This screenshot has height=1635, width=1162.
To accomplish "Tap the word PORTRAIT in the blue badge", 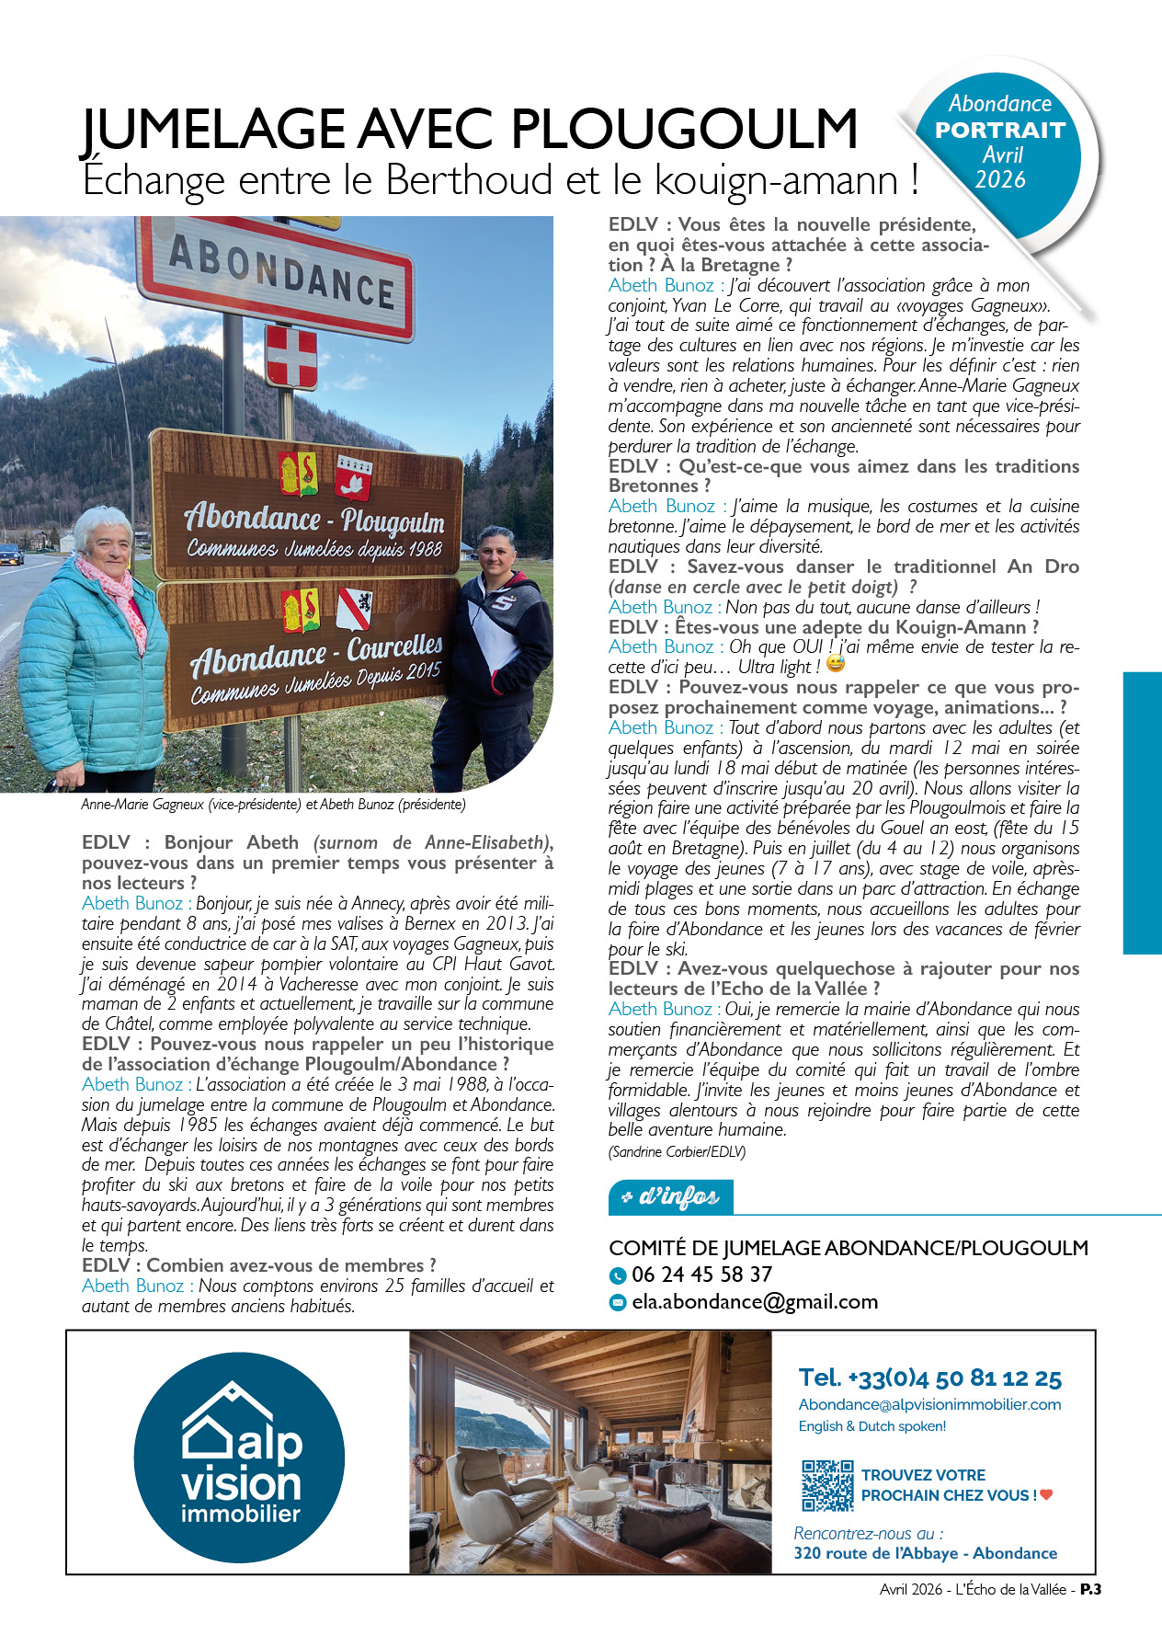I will pos(999,131).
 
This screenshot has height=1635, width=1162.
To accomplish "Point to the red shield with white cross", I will pos(291,356).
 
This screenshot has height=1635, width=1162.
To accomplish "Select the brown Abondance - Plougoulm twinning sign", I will pos(308,504).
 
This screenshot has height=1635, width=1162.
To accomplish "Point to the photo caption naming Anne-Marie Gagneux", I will pos(273,805).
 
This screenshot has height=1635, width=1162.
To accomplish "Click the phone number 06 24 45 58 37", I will pos(701,1275).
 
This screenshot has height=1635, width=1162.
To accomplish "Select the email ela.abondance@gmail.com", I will pos(754,1301).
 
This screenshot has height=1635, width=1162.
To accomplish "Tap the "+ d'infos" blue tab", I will pos(671,1196).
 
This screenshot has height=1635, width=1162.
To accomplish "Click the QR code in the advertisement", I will pos(827,1485).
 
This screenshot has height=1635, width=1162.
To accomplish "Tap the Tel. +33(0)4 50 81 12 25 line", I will pos(929,1378).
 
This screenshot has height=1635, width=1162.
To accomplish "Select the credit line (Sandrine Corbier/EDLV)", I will pos(677,1151).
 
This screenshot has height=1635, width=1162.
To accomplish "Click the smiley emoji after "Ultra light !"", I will pos(835,664).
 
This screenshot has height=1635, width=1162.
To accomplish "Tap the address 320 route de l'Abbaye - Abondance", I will pos(925,1553).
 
